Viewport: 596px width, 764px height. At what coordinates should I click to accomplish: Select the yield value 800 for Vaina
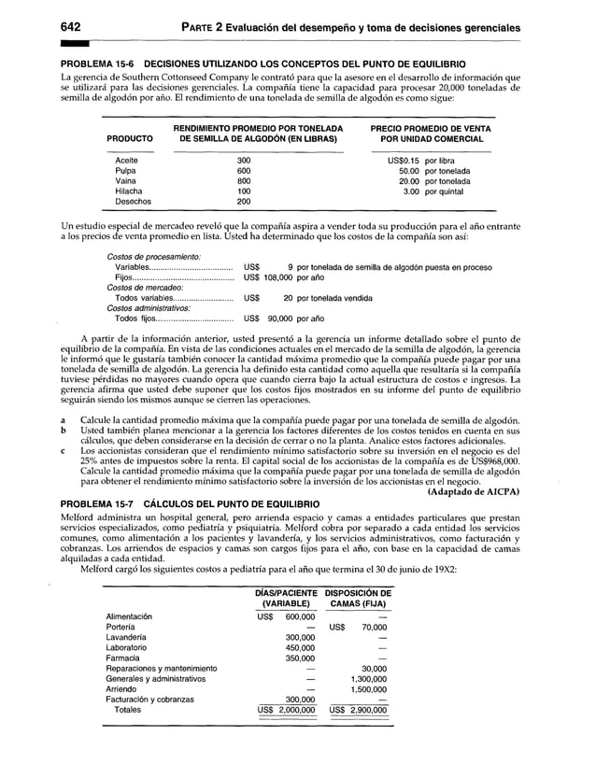pos(244,181)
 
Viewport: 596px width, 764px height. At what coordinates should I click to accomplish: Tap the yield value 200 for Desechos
pos(244,202)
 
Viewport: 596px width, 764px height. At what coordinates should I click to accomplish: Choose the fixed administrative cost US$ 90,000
pos(271,318)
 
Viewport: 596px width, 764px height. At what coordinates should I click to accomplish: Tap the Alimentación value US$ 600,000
pos(287,616)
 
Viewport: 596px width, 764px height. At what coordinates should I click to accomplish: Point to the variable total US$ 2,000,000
pos(287,710)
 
